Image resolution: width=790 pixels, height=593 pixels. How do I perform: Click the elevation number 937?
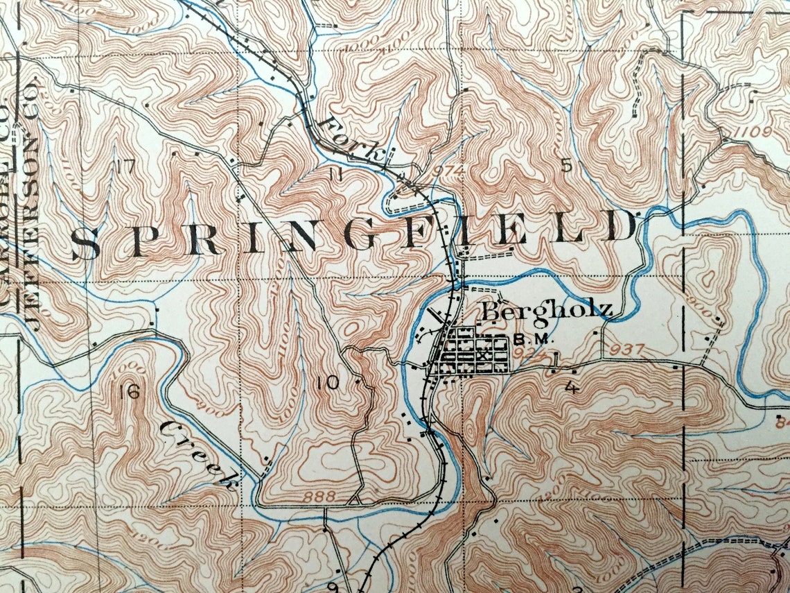tap(629, 349)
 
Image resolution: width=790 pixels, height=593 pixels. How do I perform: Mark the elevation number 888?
tap(319, 497)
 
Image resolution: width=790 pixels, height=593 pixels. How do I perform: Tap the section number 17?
tap(125, 166)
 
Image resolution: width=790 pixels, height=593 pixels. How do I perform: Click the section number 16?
tap(129, 393)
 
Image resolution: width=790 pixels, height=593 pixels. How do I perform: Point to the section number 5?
tap(566, 165)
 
